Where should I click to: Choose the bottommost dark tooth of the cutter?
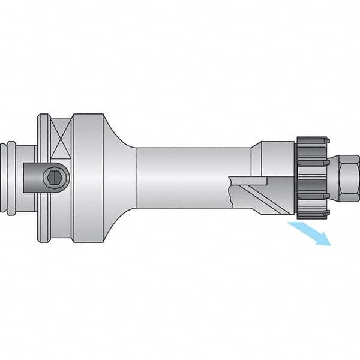click(x=309, y=213)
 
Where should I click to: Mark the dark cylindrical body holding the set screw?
click(x=36, y=177)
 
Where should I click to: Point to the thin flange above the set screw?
click(x=41, y=138)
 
